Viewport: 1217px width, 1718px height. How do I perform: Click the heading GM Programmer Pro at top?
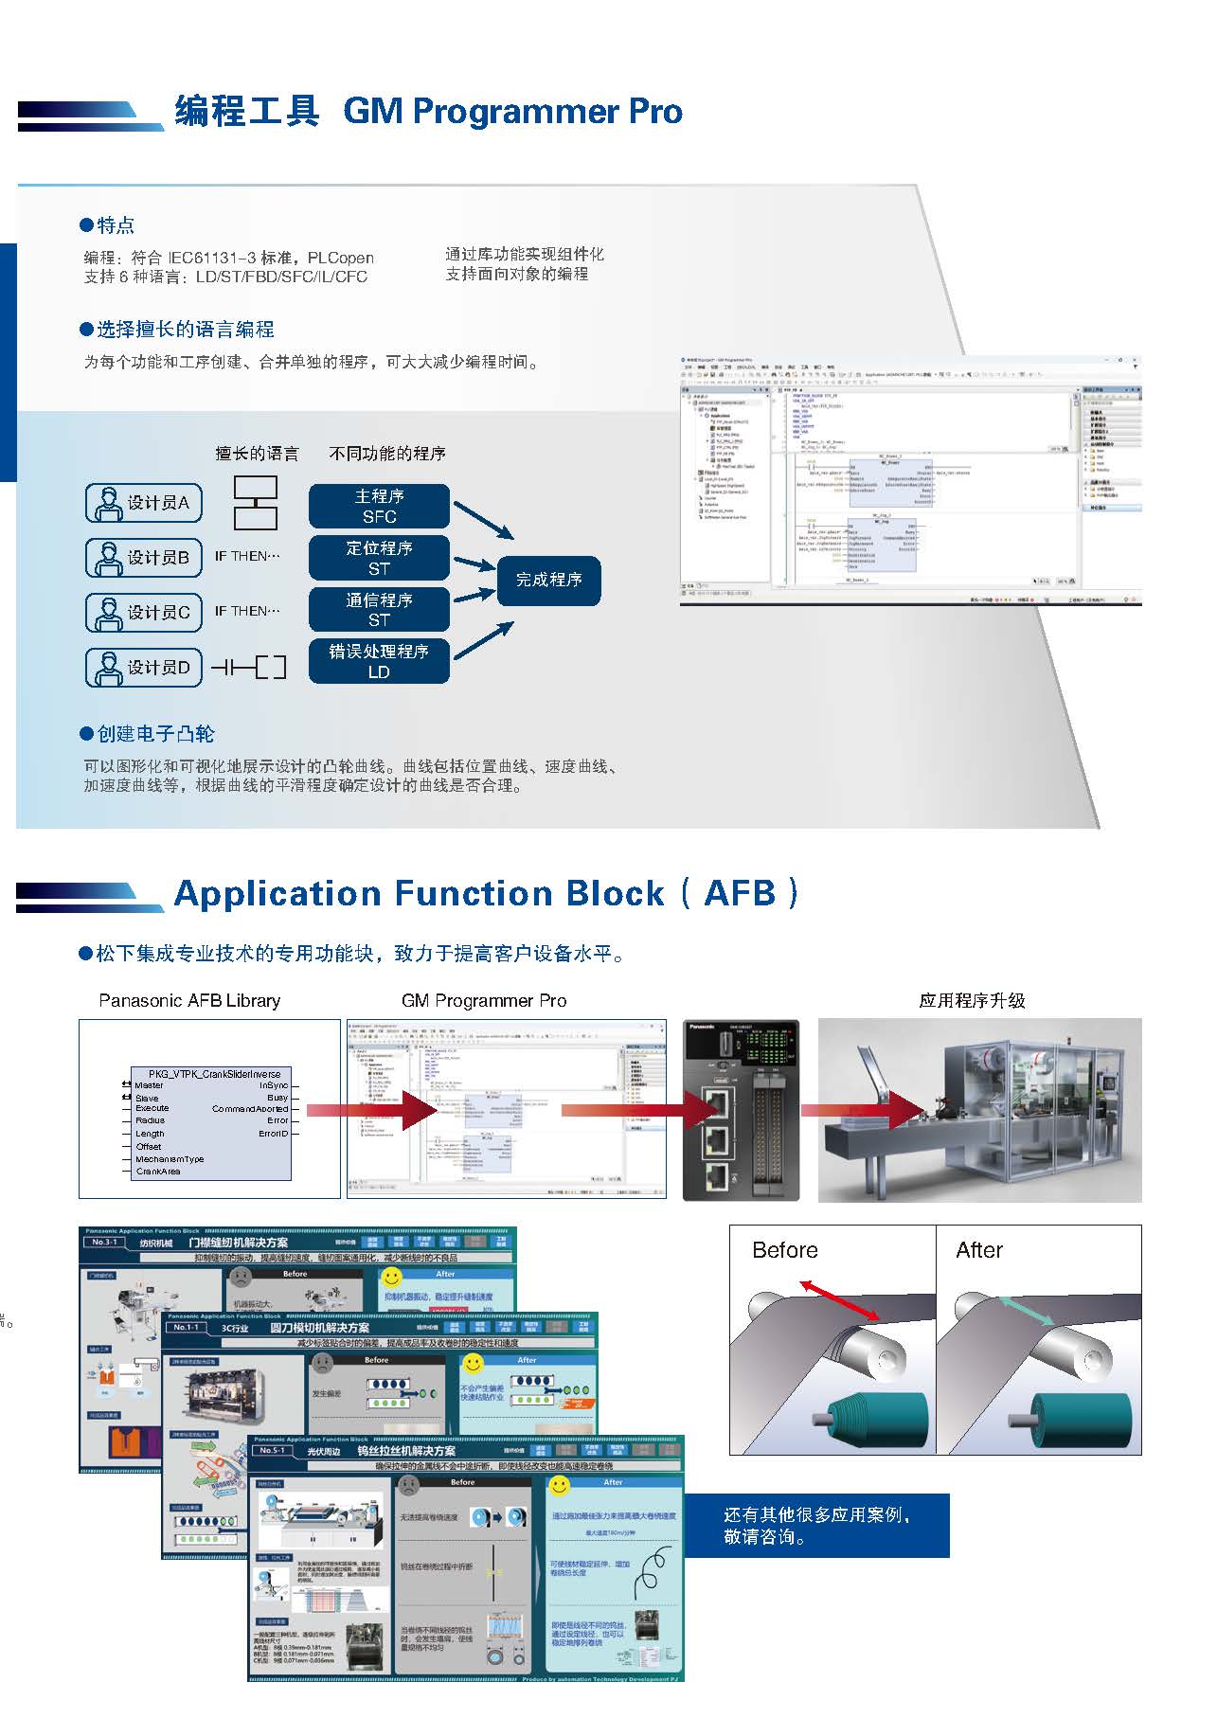point(512,112)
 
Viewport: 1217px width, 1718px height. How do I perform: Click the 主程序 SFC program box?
point(379,506)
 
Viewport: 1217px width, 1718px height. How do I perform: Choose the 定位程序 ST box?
point(379,558)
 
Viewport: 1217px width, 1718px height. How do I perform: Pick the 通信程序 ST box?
point(379,610)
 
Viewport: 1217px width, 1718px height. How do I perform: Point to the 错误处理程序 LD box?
point(379,661)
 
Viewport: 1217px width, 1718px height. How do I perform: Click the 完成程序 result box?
point(548,580)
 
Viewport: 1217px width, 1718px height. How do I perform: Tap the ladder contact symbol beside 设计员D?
point(248,668)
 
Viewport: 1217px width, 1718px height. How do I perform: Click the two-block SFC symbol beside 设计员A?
point(256,503)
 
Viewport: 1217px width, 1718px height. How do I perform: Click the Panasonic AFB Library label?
point(189,1001)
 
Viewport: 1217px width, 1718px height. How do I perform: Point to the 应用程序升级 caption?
point(972,1001)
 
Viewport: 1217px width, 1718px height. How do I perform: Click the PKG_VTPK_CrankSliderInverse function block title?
point(215,1075)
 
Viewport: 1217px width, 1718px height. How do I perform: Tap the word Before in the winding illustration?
point(784,1250)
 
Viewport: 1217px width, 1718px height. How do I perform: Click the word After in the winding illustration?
point(978,1250)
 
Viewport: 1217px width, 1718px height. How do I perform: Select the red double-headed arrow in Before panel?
point(839,1300)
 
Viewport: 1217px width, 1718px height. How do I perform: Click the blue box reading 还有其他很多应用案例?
point(816,1525)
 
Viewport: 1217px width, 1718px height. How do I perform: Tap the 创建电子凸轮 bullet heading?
point(155,734)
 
